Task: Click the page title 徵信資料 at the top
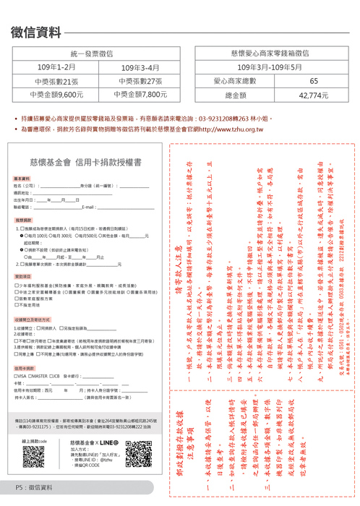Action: pos(37,32)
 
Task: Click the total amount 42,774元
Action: pos(313,94)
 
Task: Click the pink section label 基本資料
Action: pos(22,178)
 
